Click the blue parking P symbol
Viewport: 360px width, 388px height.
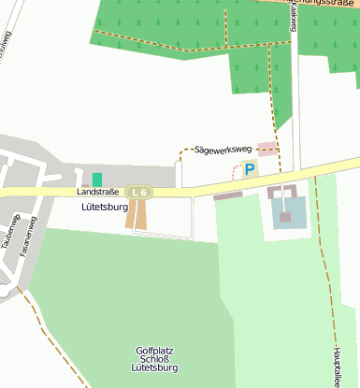(x=250, y=169)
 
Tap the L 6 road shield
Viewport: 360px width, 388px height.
(x=139, y=193)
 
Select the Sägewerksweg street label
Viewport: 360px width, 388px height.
(x=223, y=149)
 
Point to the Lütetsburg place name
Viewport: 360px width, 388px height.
(x=104, y=208)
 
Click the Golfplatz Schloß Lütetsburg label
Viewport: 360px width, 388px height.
(x=154, y=360)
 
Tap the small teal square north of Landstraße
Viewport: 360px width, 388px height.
(x=97, y=180)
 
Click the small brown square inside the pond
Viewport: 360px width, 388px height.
(x=286, y=218)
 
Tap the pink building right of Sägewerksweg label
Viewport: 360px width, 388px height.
(x=267, y=149)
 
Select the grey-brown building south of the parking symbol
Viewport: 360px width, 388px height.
(x=227, y=196)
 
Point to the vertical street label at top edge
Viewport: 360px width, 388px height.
(x=293, y=14)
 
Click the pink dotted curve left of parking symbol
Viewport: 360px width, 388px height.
(x=235, y=173)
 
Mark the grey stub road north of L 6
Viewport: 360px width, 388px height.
(x=178, y=174)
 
